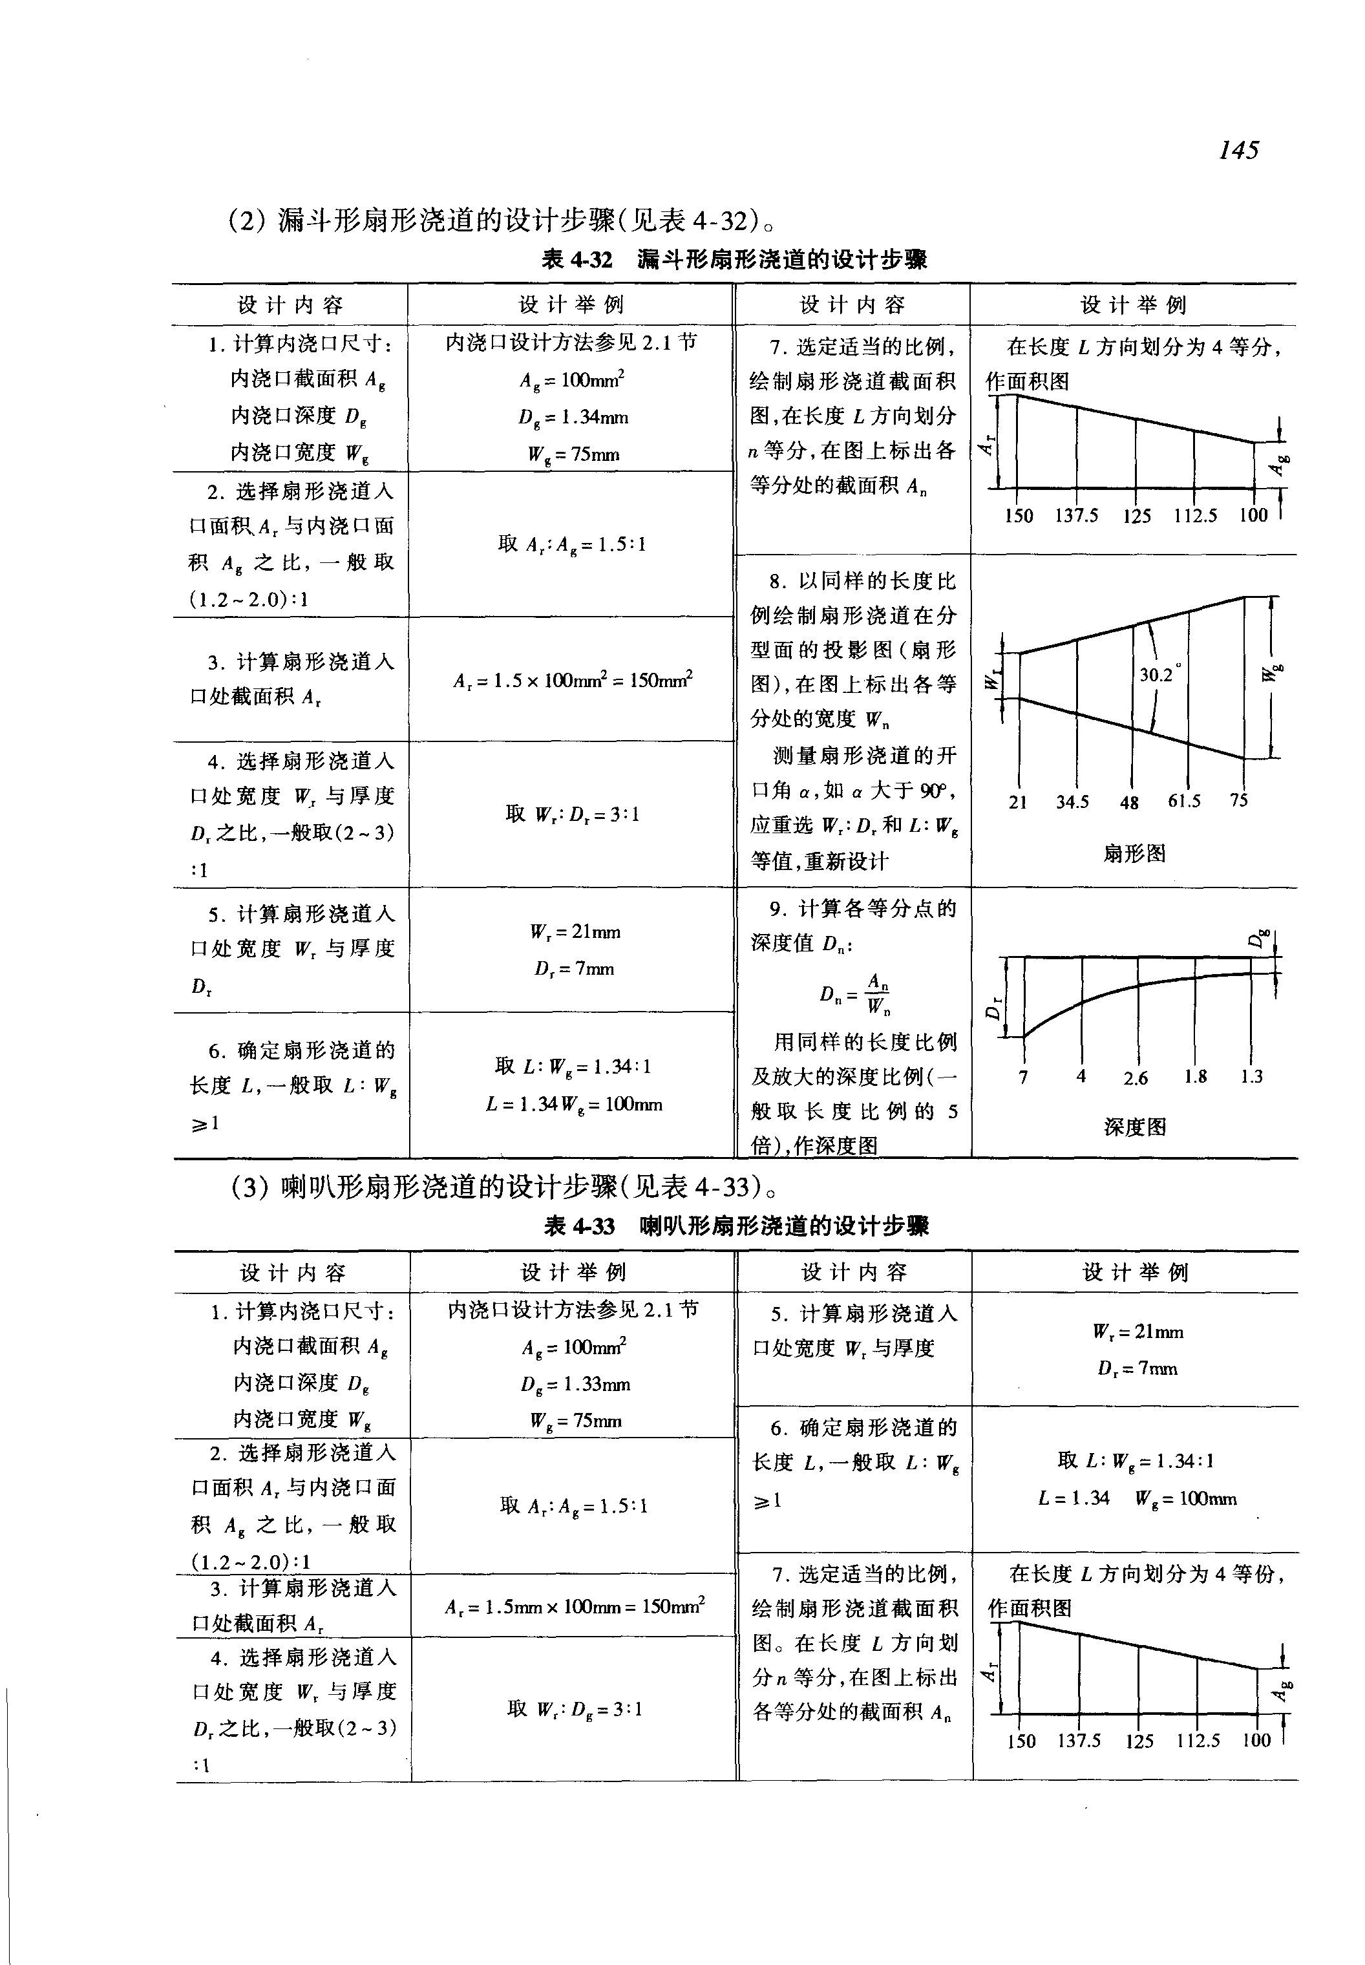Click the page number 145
point(1238,151)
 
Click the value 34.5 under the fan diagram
point(1072,802)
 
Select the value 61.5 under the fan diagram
point(1185,802)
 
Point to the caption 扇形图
point(1134,854)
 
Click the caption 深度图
point(1135,1127)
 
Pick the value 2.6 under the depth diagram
point(1136,1079)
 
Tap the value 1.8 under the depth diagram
point(1196,1077)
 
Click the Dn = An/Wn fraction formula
point(855,993)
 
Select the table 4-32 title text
point(735,259)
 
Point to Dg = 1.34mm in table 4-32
point(573,418)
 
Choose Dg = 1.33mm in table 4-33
point(574,1384)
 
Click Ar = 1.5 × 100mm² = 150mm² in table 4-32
point(573,680)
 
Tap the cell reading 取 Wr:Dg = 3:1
point(574,1709)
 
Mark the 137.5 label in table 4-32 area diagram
point(1077,516)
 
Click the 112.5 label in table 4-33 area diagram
point(1198,1741)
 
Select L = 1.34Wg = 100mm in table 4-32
point(574,1105)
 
